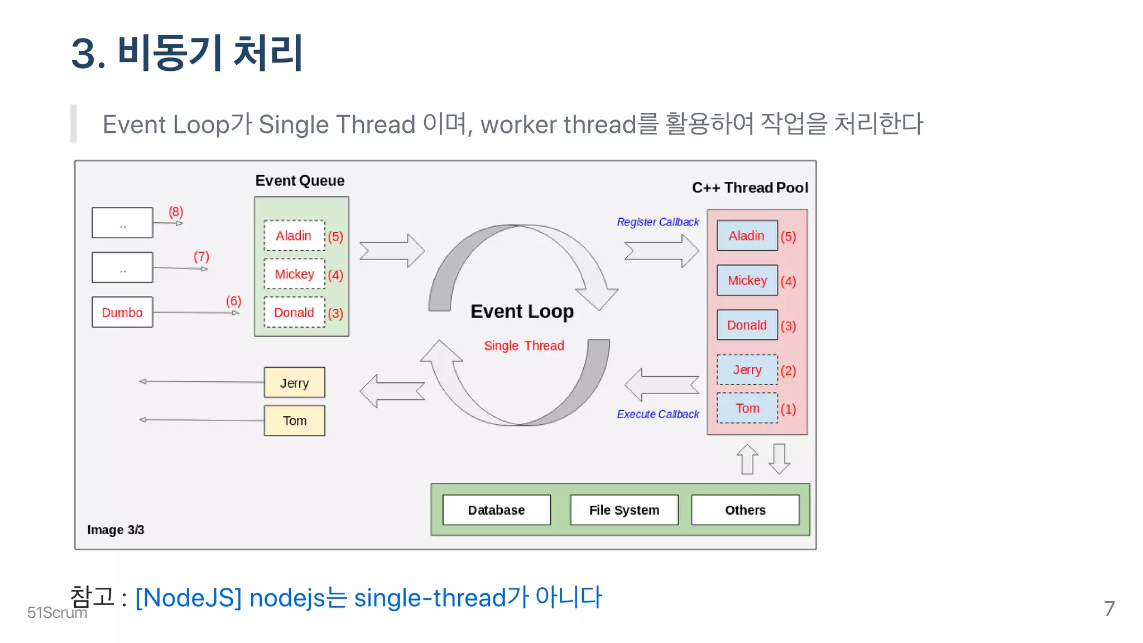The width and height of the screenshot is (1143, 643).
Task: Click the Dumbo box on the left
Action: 122,312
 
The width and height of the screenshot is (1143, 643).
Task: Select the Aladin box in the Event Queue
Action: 294,236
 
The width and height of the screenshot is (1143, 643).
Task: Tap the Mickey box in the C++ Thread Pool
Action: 747,280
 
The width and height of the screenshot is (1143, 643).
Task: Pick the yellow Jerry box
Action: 294,383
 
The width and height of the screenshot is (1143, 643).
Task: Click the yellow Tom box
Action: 294,421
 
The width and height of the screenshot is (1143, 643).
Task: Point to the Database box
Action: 496,510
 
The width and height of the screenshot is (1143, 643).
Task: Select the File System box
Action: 624,510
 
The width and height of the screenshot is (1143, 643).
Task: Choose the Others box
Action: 745,510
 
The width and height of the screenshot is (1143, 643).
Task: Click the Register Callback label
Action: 657,222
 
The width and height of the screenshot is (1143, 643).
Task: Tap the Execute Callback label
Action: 657,414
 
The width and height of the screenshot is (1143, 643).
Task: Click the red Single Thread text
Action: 524,346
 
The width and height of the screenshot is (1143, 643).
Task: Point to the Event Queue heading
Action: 300,181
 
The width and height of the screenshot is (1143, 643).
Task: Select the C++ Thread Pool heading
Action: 750,188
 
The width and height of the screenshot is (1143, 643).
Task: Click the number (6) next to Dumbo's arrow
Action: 233,301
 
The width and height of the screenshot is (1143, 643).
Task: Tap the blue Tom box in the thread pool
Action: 747,408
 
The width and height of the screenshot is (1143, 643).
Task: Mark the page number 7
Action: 1109,608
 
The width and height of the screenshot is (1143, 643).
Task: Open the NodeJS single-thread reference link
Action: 368,598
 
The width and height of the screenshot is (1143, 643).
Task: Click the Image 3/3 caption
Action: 116,530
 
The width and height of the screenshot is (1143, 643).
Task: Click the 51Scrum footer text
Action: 57,613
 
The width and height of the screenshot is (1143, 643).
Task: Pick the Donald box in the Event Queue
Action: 294,313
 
